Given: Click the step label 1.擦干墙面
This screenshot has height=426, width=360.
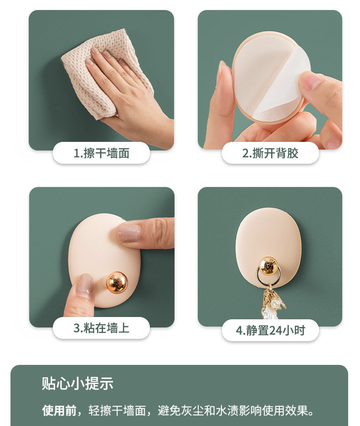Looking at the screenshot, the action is [x=101, y=153].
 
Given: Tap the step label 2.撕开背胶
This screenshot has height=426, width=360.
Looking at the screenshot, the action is [x=270, y=153].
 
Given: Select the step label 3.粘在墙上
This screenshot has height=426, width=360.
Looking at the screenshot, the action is [x=101, y=328].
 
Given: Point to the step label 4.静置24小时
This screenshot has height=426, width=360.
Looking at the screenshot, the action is [x=270, y=330].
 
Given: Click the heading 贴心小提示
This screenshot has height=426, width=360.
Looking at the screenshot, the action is [x=77, y=383].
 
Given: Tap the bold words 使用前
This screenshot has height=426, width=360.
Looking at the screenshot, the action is [x=59, y=410].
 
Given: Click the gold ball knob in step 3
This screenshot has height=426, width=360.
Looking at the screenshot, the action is [x=117, y=282].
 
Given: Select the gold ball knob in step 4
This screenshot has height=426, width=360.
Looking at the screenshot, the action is [x=268, y=265].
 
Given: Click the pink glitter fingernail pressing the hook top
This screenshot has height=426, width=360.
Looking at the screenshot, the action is [x=129, y=233].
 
